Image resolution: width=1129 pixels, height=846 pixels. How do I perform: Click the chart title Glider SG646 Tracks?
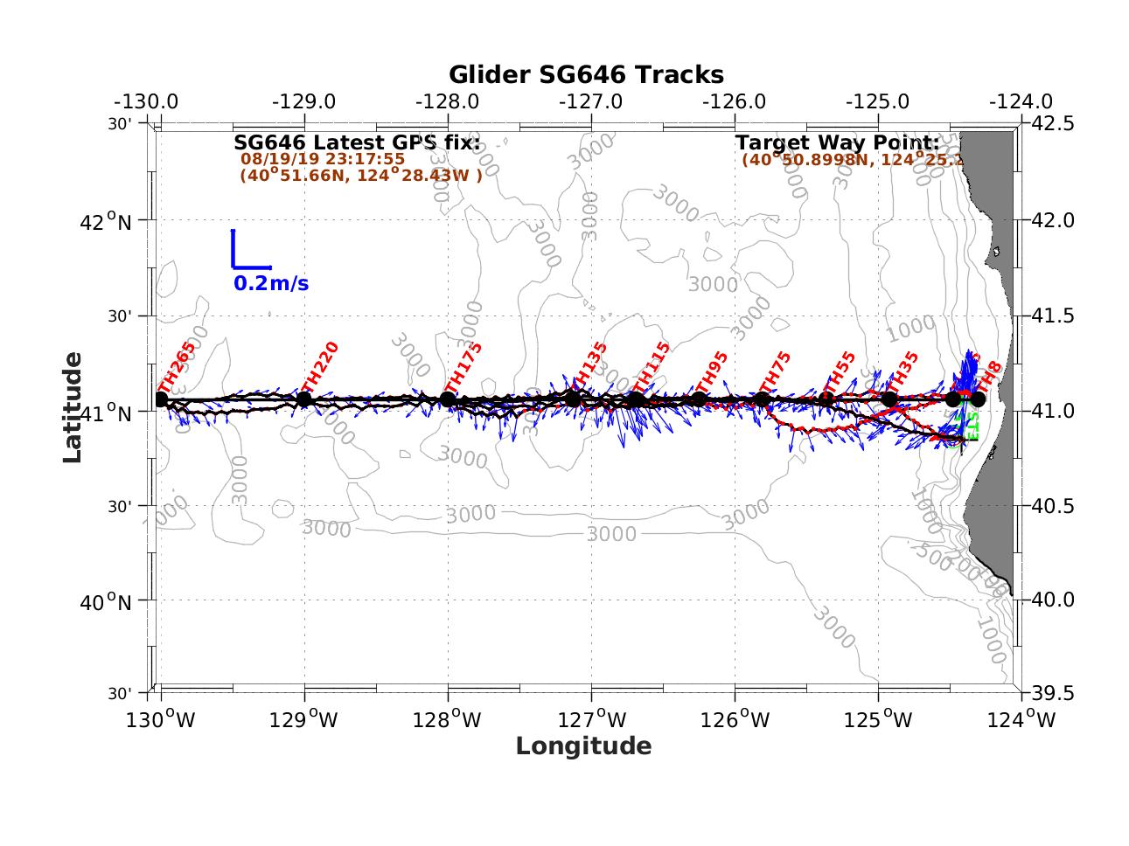586,74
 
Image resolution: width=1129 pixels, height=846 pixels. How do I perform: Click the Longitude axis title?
583,745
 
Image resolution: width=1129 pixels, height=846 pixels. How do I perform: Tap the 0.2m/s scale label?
271,284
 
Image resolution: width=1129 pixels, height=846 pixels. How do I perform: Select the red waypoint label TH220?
319,367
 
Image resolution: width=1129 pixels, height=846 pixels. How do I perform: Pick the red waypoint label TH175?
463,367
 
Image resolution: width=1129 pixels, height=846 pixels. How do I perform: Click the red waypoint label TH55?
840,373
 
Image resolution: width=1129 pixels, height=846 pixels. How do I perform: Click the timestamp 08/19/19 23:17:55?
323,159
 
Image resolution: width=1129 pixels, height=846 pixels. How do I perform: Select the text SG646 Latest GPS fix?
357,142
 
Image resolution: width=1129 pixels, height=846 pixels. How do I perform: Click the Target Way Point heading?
837,142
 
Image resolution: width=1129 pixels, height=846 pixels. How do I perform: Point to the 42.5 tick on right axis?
1053,124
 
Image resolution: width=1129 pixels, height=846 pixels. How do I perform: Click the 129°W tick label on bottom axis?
304,720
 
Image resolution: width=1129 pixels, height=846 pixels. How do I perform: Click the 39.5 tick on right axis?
1053,693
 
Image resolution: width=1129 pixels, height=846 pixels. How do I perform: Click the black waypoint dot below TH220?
304,399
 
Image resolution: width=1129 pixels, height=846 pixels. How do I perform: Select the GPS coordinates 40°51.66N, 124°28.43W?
360,175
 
